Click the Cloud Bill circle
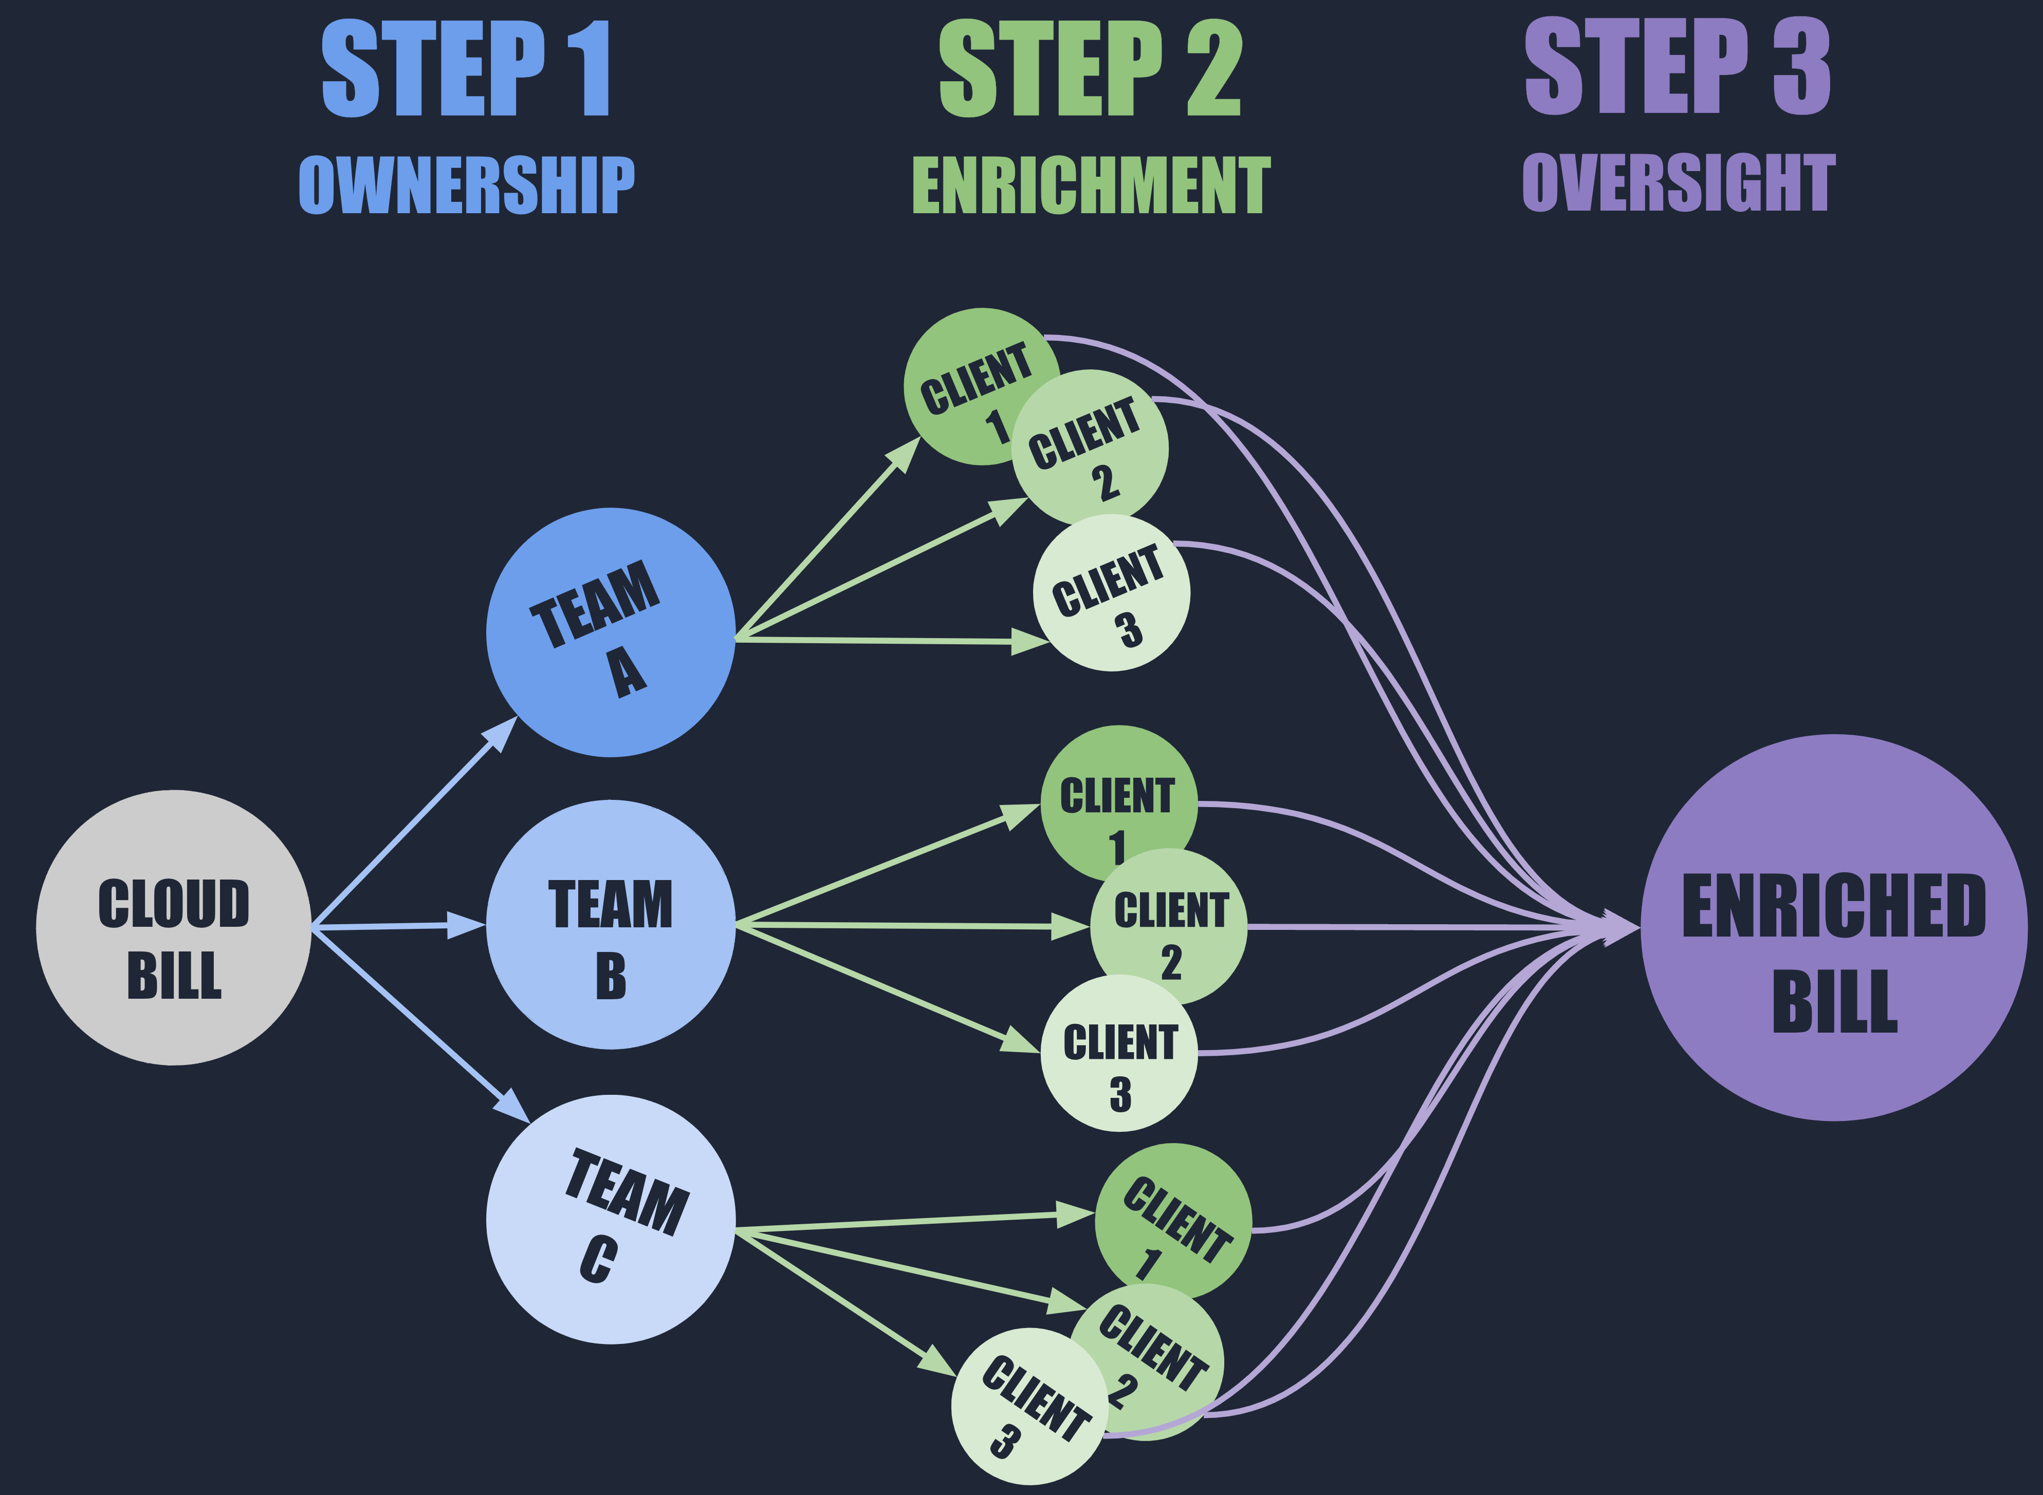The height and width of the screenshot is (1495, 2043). (x=174, y=928)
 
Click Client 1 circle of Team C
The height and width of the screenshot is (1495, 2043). (x=1174, y=1217)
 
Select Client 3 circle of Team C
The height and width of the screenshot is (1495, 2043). (x=1028, y=1407)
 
